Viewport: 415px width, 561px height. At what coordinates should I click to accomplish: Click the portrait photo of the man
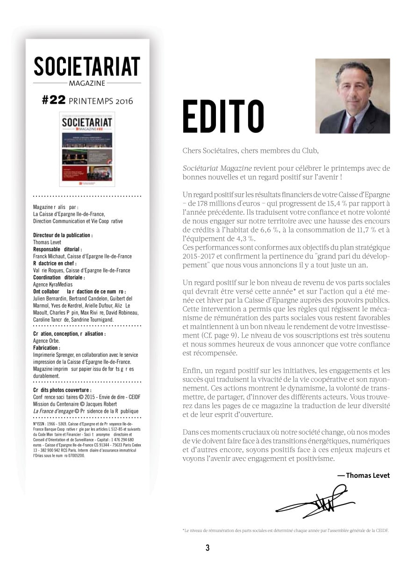352,96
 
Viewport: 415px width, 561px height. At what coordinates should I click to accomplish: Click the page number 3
207,548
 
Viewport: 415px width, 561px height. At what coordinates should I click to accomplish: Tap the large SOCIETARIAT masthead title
87,66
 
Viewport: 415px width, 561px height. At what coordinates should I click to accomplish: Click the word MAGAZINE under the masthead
87,83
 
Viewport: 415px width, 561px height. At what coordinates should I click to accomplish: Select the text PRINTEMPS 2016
100,101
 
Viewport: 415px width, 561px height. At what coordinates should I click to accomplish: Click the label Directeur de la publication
63,235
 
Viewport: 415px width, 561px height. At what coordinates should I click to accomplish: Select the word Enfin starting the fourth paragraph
192,371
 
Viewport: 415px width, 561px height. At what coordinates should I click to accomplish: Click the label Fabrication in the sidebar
46,348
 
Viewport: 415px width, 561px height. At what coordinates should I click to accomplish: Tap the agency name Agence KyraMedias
53,284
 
